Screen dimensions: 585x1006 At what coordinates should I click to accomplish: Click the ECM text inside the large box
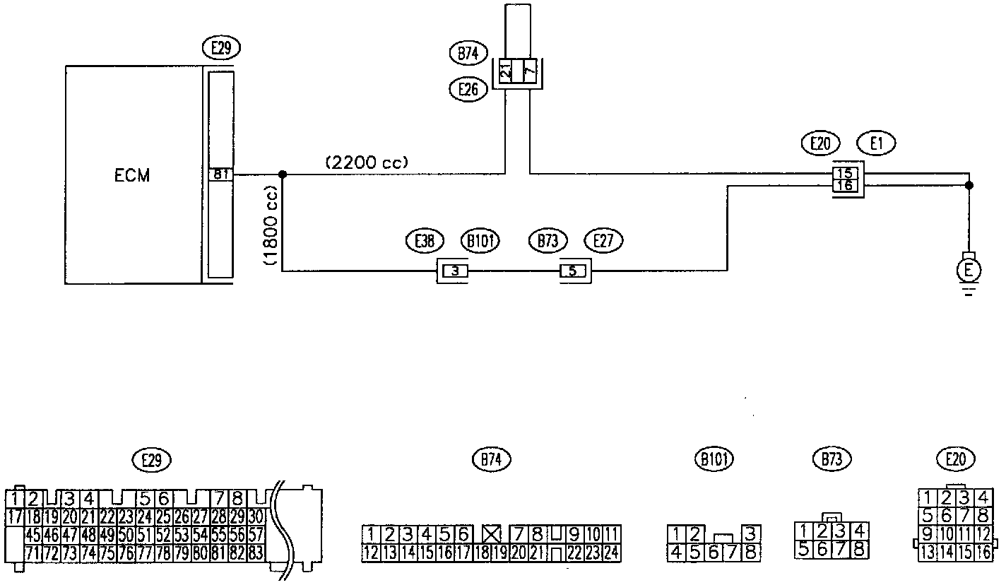(x=132, y=176)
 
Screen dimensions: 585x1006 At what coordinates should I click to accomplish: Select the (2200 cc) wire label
(x=367, y=162)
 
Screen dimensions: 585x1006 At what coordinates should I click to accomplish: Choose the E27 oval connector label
(x=603, y=241)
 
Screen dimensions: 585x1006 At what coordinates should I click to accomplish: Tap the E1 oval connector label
(x=876, y=144)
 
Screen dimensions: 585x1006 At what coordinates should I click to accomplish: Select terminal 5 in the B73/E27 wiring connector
(x=573, y=270)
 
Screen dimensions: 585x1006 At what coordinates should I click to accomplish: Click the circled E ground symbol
(x=969, y=268)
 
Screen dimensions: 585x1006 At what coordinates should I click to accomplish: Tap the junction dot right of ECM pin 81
(x=282, y=173)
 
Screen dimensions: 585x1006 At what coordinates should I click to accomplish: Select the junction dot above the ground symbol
(x=969, y=186)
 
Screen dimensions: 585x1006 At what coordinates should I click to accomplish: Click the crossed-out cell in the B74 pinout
(x=491, y=533)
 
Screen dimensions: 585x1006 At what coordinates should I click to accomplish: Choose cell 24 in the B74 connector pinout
(x=612, y=552)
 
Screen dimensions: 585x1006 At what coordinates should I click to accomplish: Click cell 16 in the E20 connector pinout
(x=983, y=552)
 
